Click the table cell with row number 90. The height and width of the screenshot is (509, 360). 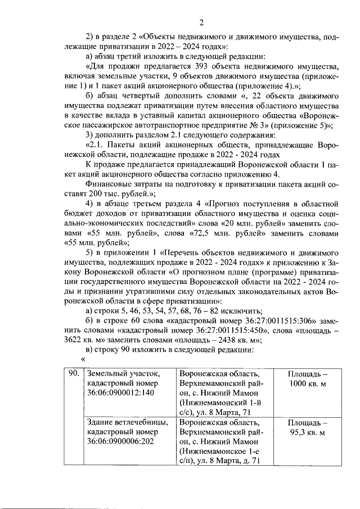(72, 373)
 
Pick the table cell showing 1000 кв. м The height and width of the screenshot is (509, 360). (307, 379)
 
